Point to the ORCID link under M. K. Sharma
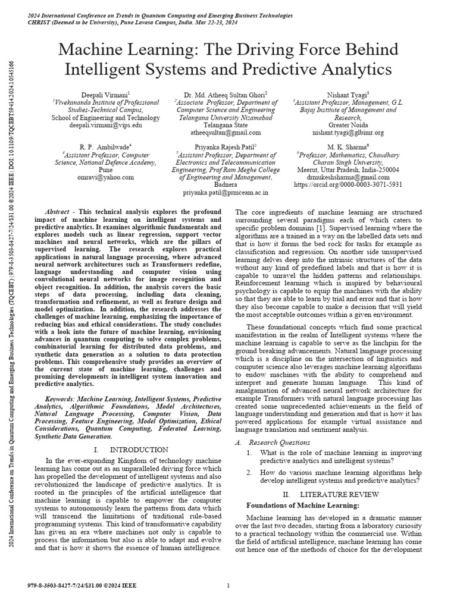point(349,185)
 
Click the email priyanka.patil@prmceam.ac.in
point(226,193)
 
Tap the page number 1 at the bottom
point(228,586)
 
